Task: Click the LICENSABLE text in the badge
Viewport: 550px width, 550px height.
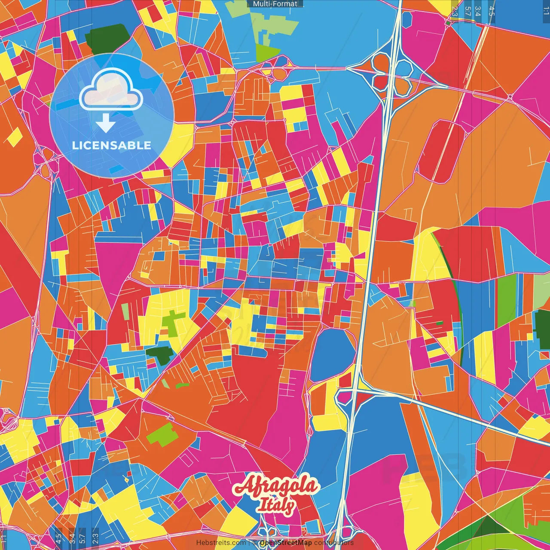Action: coord(112,145)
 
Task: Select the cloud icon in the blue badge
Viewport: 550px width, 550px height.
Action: coord(111,89)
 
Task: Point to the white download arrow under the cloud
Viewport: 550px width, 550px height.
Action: coord(106,123)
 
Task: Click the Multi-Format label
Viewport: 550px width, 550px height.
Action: coord(275,4)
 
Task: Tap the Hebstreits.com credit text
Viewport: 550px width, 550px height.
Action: coord(221,543)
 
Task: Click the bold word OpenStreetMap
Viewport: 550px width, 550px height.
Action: coord(286,543)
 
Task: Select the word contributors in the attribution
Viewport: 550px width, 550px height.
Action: coord(334,543)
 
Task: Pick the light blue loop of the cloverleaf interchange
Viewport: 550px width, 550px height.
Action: coord(403,67)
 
